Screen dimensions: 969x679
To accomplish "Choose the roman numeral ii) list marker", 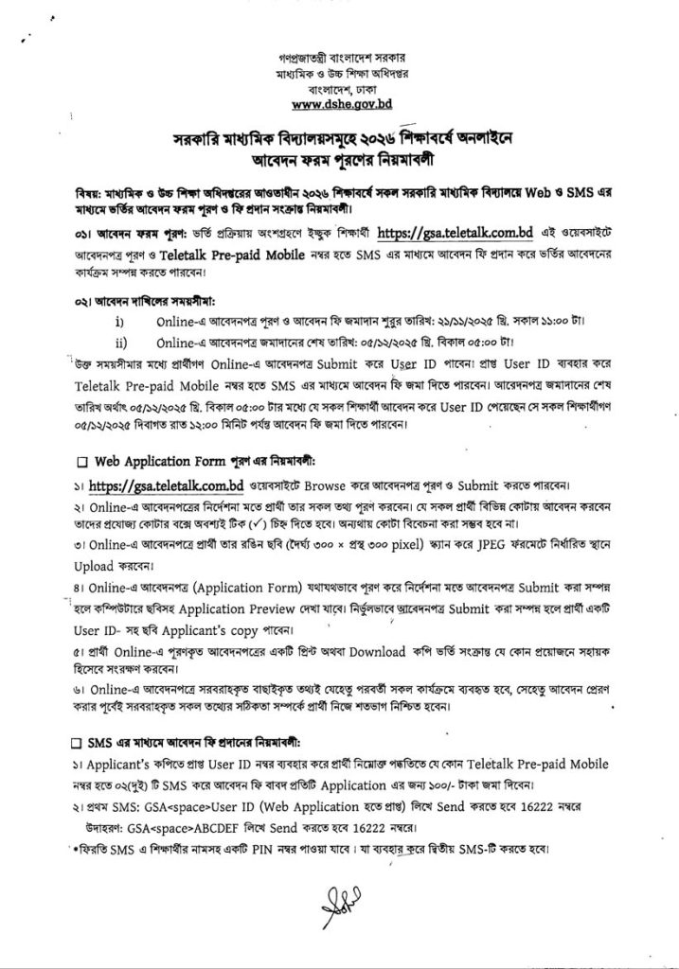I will click(120, 341).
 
